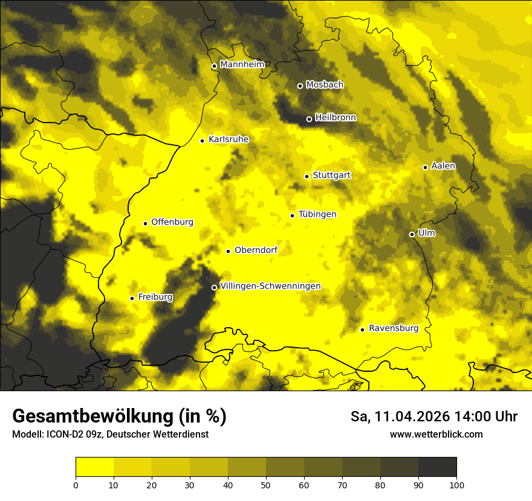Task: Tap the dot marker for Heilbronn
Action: coord(309,119)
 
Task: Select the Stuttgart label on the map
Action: coord(331,175)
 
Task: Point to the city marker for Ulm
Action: coord(412,234)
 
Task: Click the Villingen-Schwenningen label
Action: coord(270,286)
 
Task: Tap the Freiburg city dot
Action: coord(132,298)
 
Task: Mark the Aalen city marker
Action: coord(425,167)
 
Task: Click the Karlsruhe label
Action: coord(228,139)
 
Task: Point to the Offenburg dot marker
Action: coord(145,223)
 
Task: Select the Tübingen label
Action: coord(317,214)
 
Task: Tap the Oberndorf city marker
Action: coord(228,251)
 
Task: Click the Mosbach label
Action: coord(324,85)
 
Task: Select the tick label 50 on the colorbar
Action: coord(266,485)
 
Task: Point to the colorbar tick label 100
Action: coord(456,485)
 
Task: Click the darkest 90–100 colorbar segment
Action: coord(437,467)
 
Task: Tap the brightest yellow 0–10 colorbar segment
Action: coord(94,467)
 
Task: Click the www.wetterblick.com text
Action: coord(436,434)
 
